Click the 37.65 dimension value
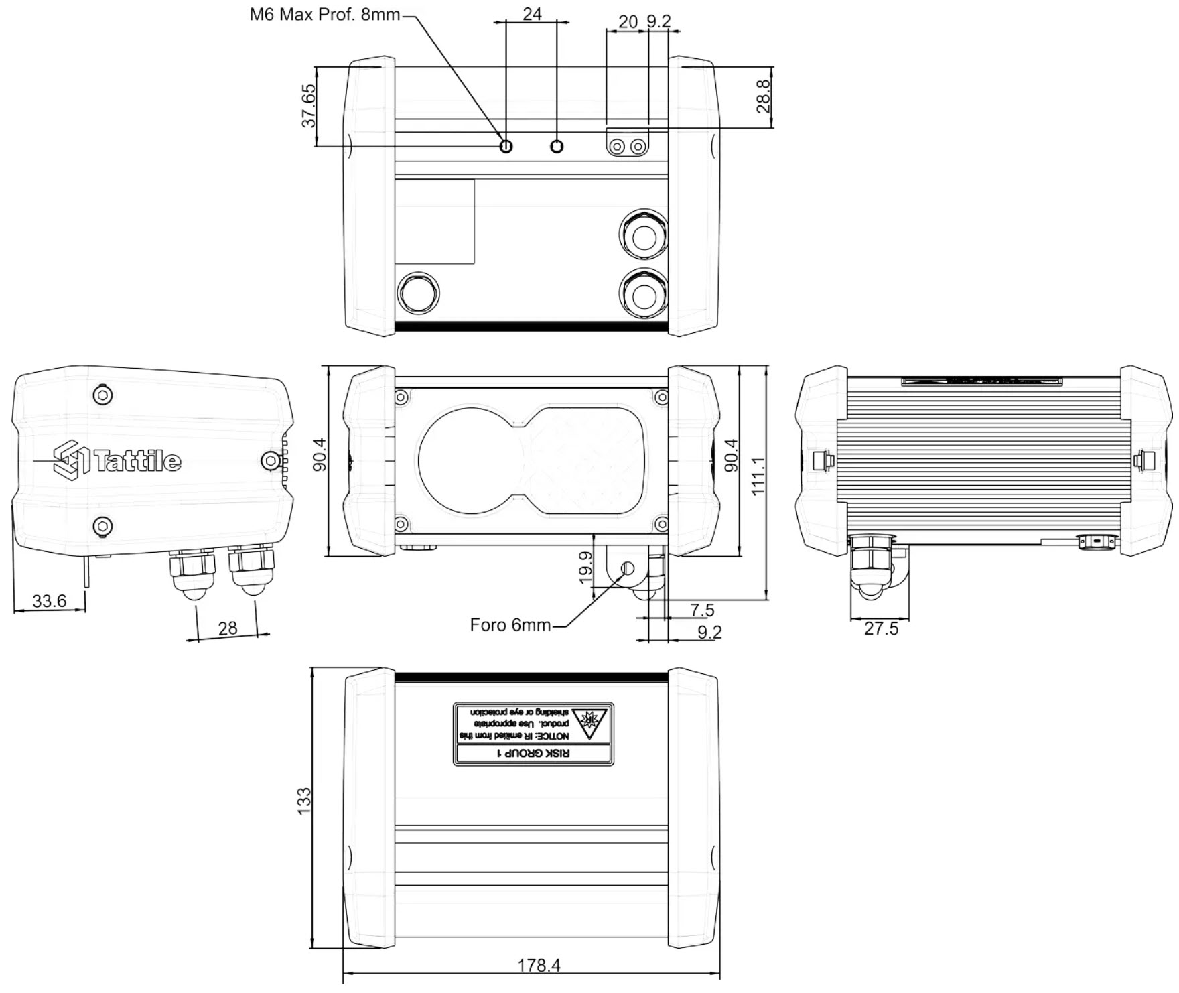(x=308, y=106)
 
